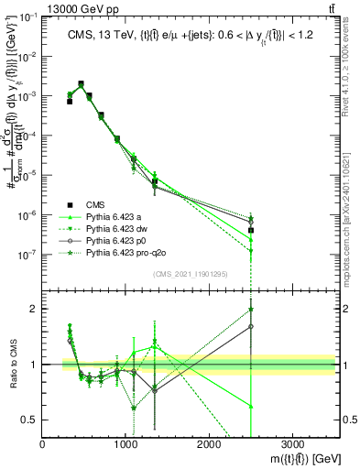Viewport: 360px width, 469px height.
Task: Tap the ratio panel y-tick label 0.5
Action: pyautogui.click(x=30, y=420)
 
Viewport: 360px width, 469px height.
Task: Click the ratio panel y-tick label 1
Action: pyautogui.click(x=33, y=365)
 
